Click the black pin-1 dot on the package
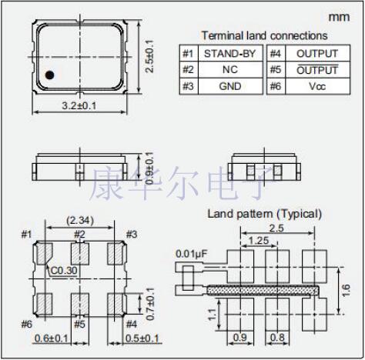click(49, 75)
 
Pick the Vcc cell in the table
click(316, 86)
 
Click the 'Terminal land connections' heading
click(263, 35)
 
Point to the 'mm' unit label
click(339, 16)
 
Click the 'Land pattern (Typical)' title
click(264, 213)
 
